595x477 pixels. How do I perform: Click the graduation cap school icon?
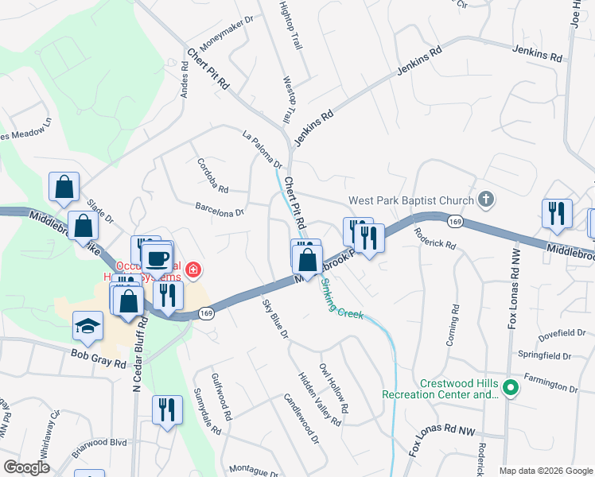(x=87, y=325)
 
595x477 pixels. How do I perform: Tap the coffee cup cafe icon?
(x=157, y=258)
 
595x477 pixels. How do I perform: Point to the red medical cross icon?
(x=192, y=271)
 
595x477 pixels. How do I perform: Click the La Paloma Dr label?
(x=262, y=149)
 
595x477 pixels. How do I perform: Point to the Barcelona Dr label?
(x=220, y=207)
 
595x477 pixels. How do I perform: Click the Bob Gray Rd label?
(x=98, y=359)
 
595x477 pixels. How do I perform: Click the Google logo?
(x=26, y=467)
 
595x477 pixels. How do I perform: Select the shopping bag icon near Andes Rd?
(x=64, y=188)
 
